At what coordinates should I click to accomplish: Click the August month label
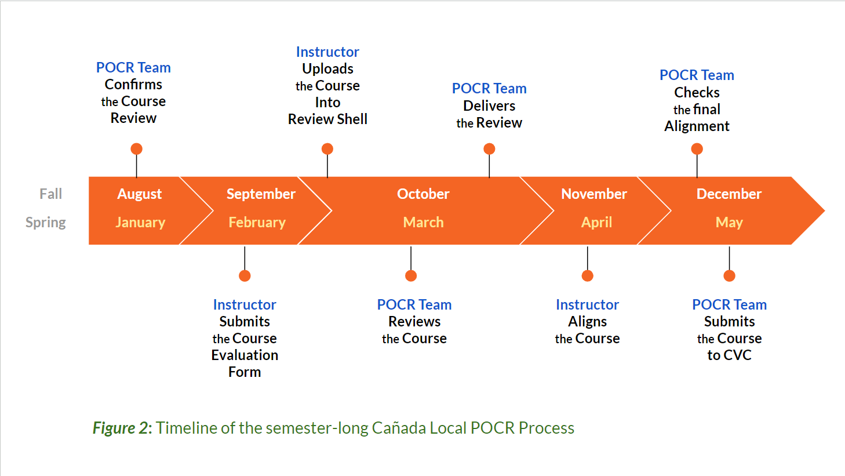(x=139, y=194)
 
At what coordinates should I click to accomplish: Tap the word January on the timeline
(x=140, y=222)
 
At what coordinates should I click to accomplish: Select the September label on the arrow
(x=261, y=194)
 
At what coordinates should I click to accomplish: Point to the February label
(x=257, y=222)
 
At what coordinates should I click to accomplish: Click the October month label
(x=423, y=194)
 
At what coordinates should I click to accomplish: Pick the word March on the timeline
(x=423, y=222)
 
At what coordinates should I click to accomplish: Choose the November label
(x=594, y=194)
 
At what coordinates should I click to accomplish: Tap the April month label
(x=596, y=222)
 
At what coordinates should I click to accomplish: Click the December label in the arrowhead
(x=729, y=194)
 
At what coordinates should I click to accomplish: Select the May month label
(x=729, y=222)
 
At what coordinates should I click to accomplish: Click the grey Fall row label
(x=50, y=194)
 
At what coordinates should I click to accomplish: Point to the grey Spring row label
(x=46, y=222)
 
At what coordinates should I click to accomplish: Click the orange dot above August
(x=137, y=149)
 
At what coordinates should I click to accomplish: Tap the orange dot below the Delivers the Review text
(x=489, y=149)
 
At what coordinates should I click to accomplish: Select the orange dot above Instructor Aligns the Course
(x=587, y=276)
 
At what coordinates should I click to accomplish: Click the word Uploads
(x=327, y=69)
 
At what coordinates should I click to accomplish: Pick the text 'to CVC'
(x=729, y=355)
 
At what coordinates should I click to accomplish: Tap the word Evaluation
(x=245, y=355)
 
